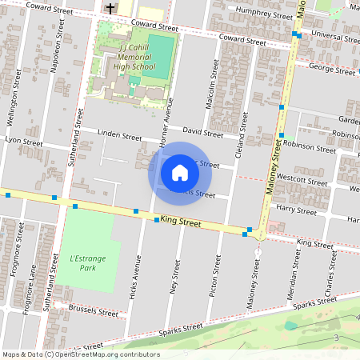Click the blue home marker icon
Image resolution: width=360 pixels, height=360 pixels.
pos(180,173)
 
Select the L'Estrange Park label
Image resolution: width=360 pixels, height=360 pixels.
pos(83,262)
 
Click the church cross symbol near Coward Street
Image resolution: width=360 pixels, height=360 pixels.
pos(110,9)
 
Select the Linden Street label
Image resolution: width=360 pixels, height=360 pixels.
pos(118,135)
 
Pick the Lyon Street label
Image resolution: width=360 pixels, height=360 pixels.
pos(24,141)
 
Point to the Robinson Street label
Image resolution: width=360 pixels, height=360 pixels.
pos(310,148)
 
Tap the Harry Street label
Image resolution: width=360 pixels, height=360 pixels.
pos(296,210)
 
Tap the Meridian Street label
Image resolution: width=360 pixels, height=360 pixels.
pos(293,279)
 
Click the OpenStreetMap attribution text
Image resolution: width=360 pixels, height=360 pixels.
pos(81,354)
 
